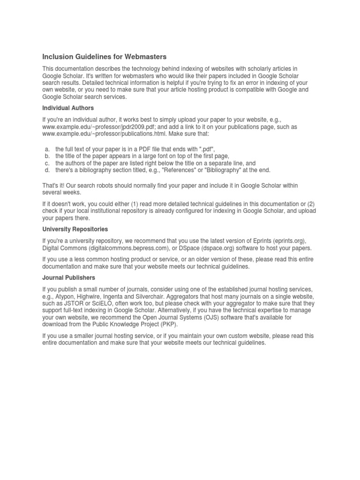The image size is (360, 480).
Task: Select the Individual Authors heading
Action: (68, 108)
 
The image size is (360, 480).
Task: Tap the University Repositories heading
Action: (75, 229)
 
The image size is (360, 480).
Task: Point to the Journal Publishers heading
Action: (68, 277)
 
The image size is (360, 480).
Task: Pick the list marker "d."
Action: (47, 170)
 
